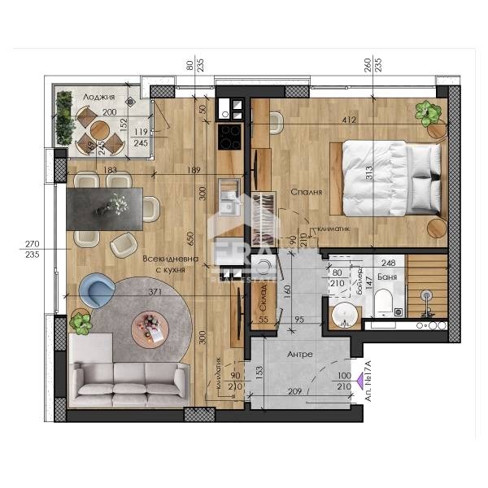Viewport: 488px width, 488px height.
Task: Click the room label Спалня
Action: click(x=306, y=193)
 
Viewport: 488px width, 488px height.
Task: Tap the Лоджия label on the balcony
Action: click(x=98, y=97)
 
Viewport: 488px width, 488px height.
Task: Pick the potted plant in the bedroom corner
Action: click(x=425, y=113)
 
